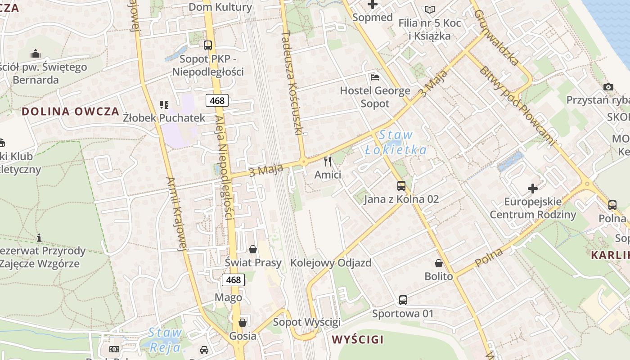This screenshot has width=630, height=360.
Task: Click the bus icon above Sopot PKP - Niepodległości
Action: (x=207, y=45)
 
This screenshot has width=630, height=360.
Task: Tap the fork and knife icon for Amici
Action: (x=328, y=161)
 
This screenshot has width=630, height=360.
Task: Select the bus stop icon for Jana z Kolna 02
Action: (x=401, y=185)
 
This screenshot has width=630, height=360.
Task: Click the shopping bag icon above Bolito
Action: (x=439, y=263)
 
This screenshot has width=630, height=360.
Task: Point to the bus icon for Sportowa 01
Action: (x=403, y=300)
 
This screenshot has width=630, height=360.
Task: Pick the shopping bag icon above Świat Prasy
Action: (x=253, y=249)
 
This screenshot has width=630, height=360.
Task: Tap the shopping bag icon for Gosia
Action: (x=243, y=323)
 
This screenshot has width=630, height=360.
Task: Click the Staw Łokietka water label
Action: (x=396, y=142)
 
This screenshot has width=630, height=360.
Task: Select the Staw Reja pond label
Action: (x=165, y=340)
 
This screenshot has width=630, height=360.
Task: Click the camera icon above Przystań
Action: (x=608, y=87)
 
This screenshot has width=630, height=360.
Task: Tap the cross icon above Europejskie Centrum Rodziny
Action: (x=533, y=188)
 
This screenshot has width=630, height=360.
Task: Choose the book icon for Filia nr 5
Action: (x=430, y=9)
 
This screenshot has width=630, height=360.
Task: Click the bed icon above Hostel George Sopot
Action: (x=375, y=77)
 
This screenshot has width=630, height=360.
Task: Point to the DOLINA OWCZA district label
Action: (x=71, y=112)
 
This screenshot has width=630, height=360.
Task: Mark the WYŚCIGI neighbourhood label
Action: (x=358, y=339)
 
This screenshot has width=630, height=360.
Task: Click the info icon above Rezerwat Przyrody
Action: (x=39, y=237)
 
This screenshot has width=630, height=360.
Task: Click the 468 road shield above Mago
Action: (x=233, y=280)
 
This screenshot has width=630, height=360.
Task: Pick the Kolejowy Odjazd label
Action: (x=331, y=263)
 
